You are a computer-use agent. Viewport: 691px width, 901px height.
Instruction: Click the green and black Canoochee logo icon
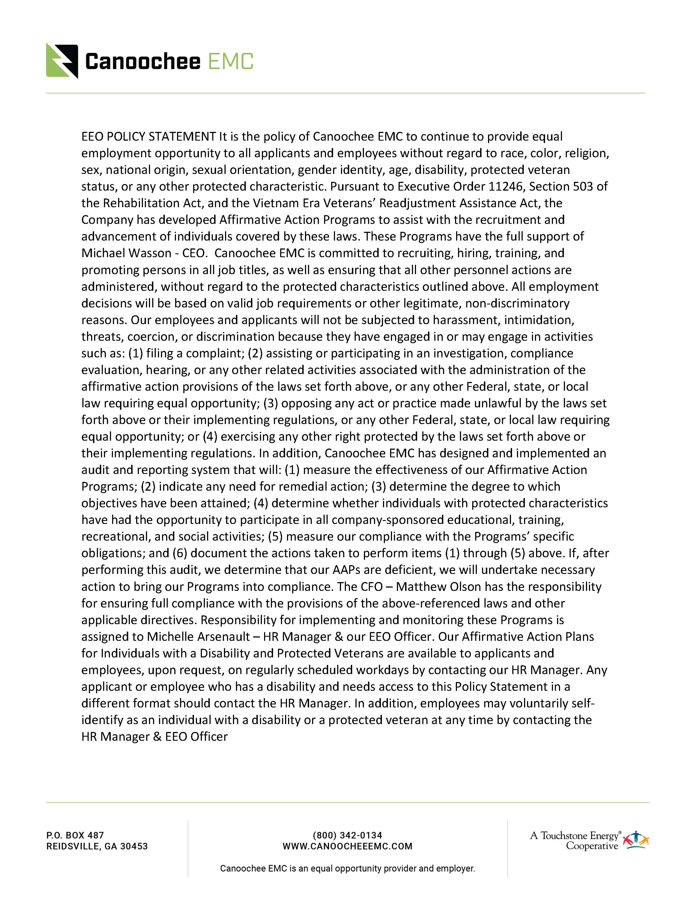pyautogui.click(x=62, y=61)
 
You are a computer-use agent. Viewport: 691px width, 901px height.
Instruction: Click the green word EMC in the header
pyautogui.click(x=230, y=62)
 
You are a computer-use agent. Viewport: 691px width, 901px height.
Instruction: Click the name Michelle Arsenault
pyautogui.click(x=198, y=637)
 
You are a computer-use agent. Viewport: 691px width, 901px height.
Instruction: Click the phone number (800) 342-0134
pyautogui.click(x=348, y=835)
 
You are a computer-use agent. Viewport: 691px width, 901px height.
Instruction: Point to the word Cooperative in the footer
pyautogui.click(x=592, y=846)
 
